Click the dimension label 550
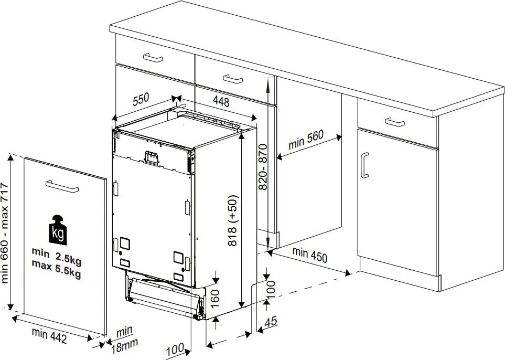[x=141, y=99]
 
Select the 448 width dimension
[x=221, y=102]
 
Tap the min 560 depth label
[x=306, y=140]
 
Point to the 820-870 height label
[x=263, y=167]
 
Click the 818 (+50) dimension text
[x=232, y=220]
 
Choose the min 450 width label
[x=309, y=255]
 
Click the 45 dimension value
[x=271, y=321]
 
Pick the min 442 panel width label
[x=49, y=335]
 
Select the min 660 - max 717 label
[x=5, y=232]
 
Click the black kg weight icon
[x=58, y=230]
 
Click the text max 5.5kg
[x=56, y=269]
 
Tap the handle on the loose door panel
[x=62, y=186]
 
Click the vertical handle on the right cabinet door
[x=364, y=165]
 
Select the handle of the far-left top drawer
[x=153, y=58]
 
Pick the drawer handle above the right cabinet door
[x=395, y=122]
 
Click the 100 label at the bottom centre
[x=175, y=349]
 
